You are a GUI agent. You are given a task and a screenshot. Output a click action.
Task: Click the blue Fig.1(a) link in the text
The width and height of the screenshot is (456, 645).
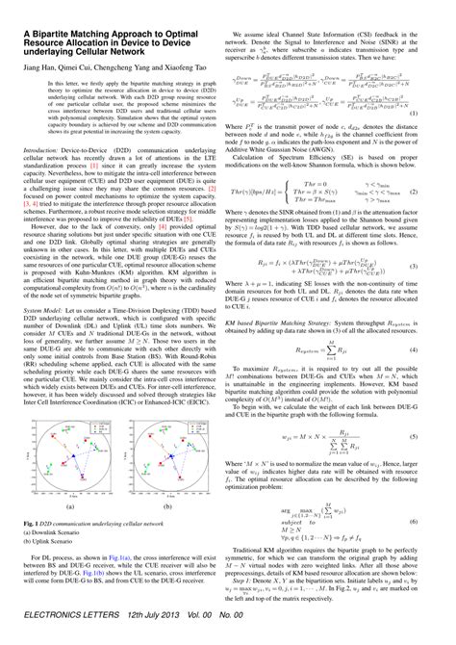pyautogui.click(x=127, y=582)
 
